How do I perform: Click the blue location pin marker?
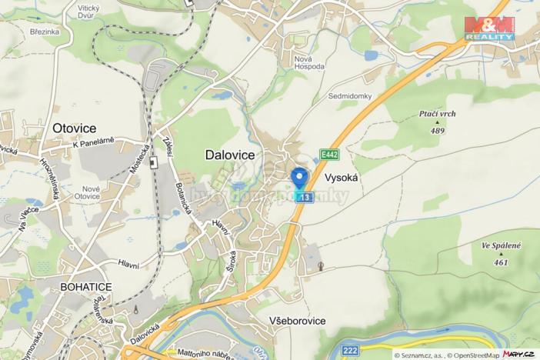click(301, 178)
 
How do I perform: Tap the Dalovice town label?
click(229, 155)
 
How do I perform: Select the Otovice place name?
click(74, 128)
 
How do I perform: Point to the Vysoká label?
click(342, 176)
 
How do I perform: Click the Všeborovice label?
click(297, 320)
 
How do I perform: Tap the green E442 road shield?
click(329, 155)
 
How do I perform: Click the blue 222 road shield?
click(350, 351)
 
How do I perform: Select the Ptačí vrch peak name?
click(437, 114)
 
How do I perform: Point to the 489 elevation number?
click(438, 131)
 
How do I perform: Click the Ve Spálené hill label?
click(501, 245)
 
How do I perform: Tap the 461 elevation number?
click(501, 262)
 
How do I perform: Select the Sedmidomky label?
click(350, 96)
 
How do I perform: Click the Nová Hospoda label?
click(309, 62)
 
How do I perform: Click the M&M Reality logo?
click(489, 28)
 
